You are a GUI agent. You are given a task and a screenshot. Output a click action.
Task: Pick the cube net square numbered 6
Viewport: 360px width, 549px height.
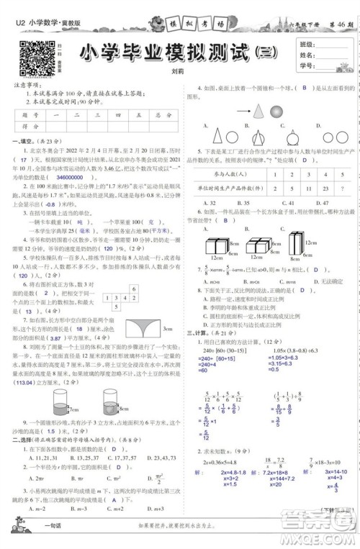[134, 289]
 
